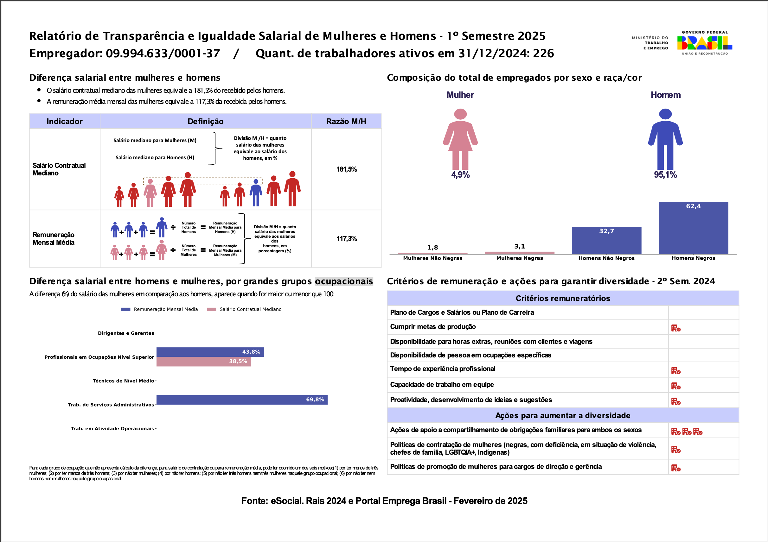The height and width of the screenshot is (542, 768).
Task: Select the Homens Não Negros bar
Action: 606,241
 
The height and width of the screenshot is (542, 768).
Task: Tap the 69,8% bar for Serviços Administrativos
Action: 242,400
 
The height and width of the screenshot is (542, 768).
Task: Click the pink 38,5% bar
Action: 203,362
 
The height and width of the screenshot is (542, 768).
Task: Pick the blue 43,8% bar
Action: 210,352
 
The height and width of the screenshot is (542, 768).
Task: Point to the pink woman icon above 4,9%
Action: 460,139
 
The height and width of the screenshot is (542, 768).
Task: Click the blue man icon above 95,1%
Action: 665,139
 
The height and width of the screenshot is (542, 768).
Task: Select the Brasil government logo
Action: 704,43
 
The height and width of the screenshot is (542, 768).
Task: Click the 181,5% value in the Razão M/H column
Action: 347,169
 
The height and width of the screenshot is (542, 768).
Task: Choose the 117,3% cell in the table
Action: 347,239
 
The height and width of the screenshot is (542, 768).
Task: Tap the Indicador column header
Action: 65,121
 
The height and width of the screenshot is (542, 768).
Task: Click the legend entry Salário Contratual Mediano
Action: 250,309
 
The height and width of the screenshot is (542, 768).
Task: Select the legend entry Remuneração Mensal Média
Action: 166,309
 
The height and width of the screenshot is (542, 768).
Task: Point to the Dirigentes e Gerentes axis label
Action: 126,333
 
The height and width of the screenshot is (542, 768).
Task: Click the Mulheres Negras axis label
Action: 520,258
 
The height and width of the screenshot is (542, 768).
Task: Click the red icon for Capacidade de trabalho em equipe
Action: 676,386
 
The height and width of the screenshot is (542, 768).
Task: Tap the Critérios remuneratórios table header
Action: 563,299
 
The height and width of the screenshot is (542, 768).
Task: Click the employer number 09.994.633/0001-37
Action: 163,54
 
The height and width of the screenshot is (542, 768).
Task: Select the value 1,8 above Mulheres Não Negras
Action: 432,247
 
